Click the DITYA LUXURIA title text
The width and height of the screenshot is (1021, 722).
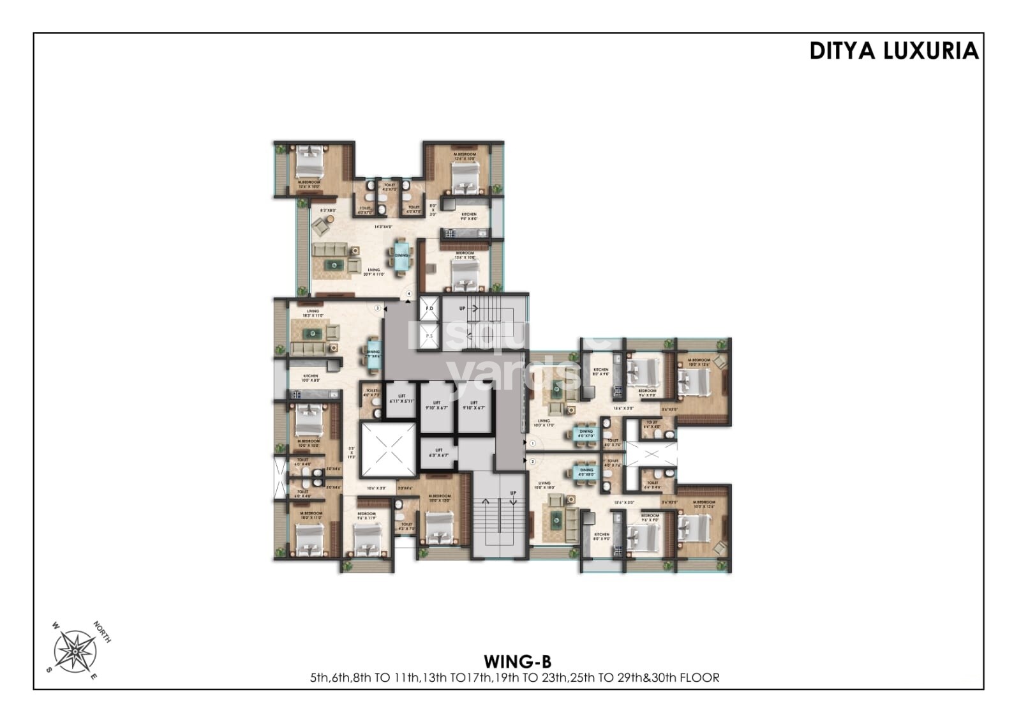pyautogui.click(x=893, y=51)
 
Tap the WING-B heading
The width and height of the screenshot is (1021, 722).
pyautogui.click(x=517, y=660)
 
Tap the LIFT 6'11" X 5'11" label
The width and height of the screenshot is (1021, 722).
pyautogui.click(x=402, y=399)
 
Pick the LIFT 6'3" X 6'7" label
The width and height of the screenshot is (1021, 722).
pyautogui.click(x=438, y=453)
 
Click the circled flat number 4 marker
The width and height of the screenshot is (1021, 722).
pyautogui.click(x=409, y=294)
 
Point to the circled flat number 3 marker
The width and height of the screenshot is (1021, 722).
pyautogui.click(x=378, y=308)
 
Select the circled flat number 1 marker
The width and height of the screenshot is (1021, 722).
pyautogui.click(x=532, y=442)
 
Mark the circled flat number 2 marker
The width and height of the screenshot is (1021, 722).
pyautogui.click(x=532, y=460)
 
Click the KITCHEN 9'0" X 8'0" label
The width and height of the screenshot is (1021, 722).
pyautogui.click(x=469, y=217)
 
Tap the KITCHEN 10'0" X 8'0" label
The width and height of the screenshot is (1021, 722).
pyautogui.click(x=311, y=379)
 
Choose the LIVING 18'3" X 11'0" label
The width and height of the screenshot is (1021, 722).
pyautogui.click(x=313, y=313)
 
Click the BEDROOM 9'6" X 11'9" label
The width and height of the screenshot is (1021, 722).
pyautogui.click(x=366, y=516)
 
